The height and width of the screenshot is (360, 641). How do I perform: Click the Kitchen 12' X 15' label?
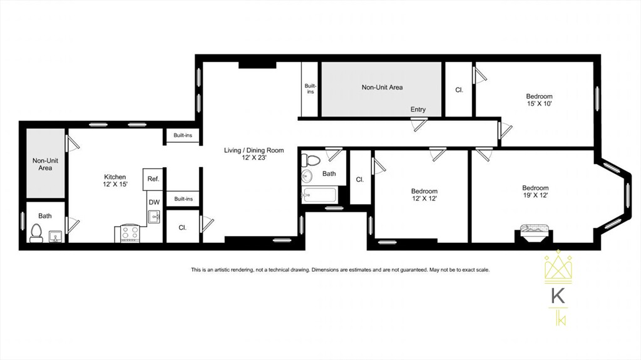click(x=115, y=181)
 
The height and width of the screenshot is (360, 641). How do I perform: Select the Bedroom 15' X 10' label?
click(x=539, y=100)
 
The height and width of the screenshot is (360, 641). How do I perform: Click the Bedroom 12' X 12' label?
click(x=424, y=195)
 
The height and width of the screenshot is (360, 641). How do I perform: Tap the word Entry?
click(x=418, y=110)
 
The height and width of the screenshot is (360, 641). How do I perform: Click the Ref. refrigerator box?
click(x=153, y=179)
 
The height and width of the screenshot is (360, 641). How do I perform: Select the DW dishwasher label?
click(x=153, y=202)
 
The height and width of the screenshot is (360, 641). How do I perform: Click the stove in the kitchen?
click(x=130, y=234)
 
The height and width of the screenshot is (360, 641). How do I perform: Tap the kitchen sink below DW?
click(x=155, y=217)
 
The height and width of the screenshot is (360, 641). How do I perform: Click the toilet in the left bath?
click(x=36, y=234)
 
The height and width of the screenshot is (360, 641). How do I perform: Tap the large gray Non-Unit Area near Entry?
click(x=382, y=88)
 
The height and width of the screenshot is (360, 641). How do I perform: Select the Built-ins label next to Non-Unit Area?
click(x=310, y=89)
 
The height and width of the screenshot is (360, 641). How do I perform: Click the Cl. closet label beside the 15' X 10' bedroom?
click(x=459, y=90)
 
